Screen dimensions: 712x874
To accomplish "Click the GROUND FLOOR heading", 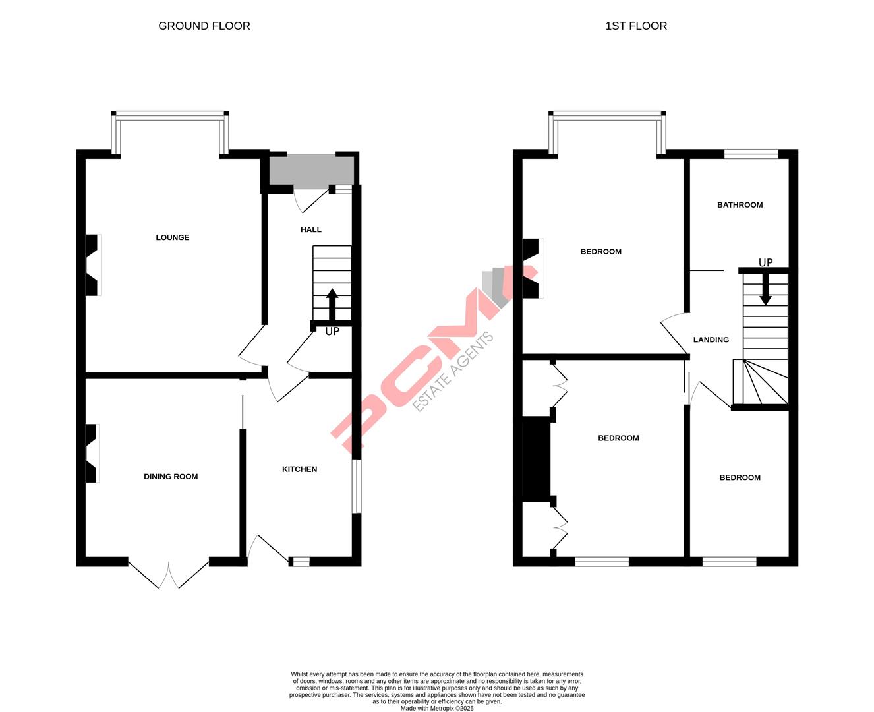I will coord(204,26).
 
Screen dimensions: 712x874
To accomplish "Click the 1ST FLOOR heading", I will coord(636,26).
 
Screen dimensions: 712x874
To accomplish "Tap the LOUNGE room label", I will coord(173,237).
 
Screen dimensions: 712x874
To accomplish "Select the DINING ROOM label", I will coord(171,477).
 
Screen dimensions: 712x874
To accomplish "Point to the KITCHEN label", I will coord(300,469).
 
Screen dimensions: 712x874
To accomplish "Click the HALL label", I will coord(311,229).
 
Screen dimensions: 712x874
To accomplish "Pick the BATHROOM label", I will coord(740,205).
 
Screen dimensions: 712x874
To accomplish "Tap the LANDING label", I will coord(711,340).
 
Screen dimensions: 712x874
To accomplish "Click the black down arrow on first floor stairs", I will coord(765,290).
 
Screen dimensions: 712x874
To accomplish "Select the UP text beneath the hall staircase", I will coord(332,332).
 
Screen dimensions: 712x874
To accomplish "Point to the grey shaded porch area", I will coord(311,171).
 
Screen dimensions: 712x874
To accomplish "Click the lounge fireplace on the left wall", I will coord(93,265).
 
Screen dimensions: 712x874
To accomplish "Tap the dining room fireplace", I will coord(92,453).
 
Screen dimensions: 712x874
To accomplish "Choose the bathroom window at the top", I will coord(751,154).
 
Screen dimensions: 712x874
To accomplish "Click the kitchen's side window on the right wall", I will coord(356,486).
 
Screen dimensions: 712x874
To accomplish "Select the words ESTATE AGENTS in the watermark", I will coord(453,372).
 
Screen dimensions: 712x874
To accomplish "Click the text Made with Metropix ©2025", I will coord(437,709).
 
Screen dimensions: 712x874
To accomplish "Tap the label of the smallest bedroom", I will coord(740,478).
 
